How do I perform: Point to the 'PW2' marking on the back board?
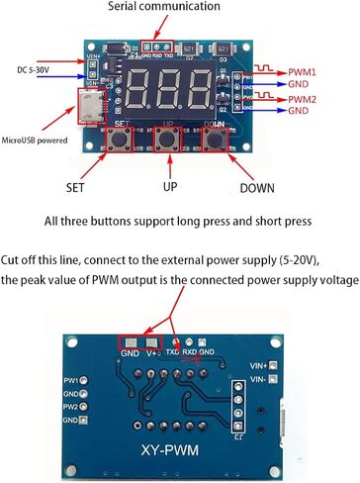click(70, 406)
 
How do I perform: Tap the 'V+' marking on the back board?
click(153, 352)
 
